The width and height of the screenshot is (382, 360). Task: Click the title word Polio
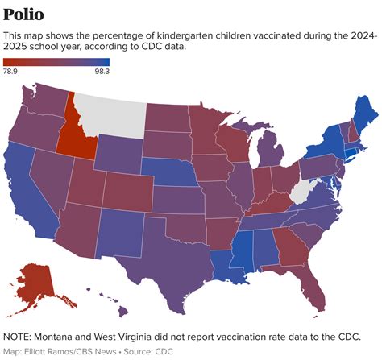pos(23,14)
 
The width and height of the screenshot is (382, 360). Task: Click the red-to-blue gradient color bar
pos(56,61)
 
